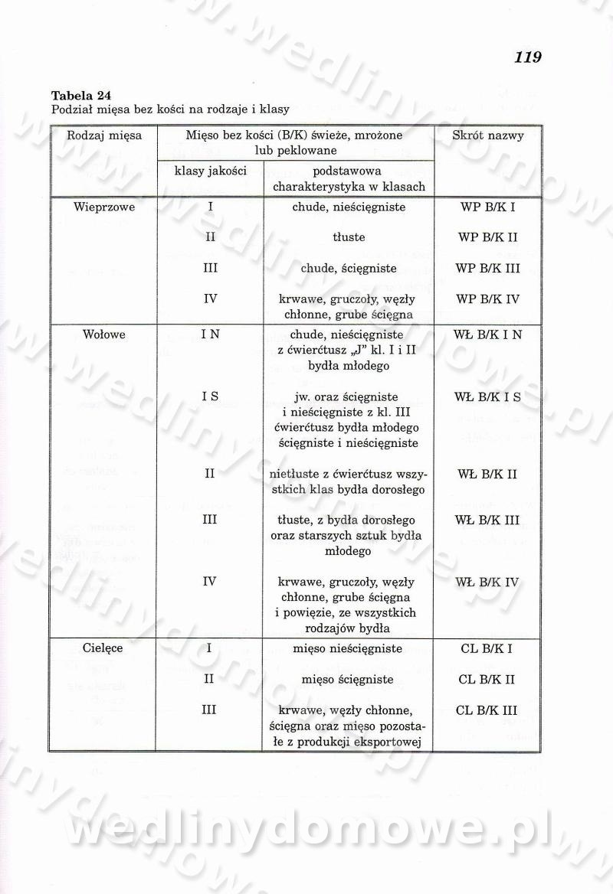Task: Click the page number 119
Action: [x=528, y=57]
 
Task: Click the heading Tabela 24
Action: [x=81, y=96]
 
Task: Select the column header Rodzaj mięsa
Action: [x=104, y=135]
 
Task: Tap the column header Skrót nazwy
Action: [x=488, y=135]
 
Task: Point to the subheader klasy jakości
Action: [x=210, y=171]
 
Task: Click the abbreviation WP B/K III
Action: [x=487, y=269]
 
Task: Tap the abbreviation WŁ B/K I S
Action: [x=487, y=396]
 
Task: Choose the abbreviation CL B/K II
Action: [x=487, y=680]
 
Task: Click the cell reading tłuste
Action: [x=349, y=237]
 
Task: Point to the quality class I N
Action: [x=210, y=334]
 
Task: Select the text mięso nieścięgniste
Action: [x=349, y=648]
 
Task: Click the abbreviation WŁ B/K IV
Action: [x=487, y=582]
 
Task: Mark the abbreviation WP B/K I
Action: [x=487, y=207]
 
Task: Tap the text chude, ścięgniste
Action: [x=349, y=269]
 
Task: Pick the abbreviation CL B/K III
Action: [x=487, y=710]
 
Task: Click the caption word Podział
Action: [x=70, y=109]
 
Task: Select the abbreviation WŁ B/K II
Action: [x=487, y=475]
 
